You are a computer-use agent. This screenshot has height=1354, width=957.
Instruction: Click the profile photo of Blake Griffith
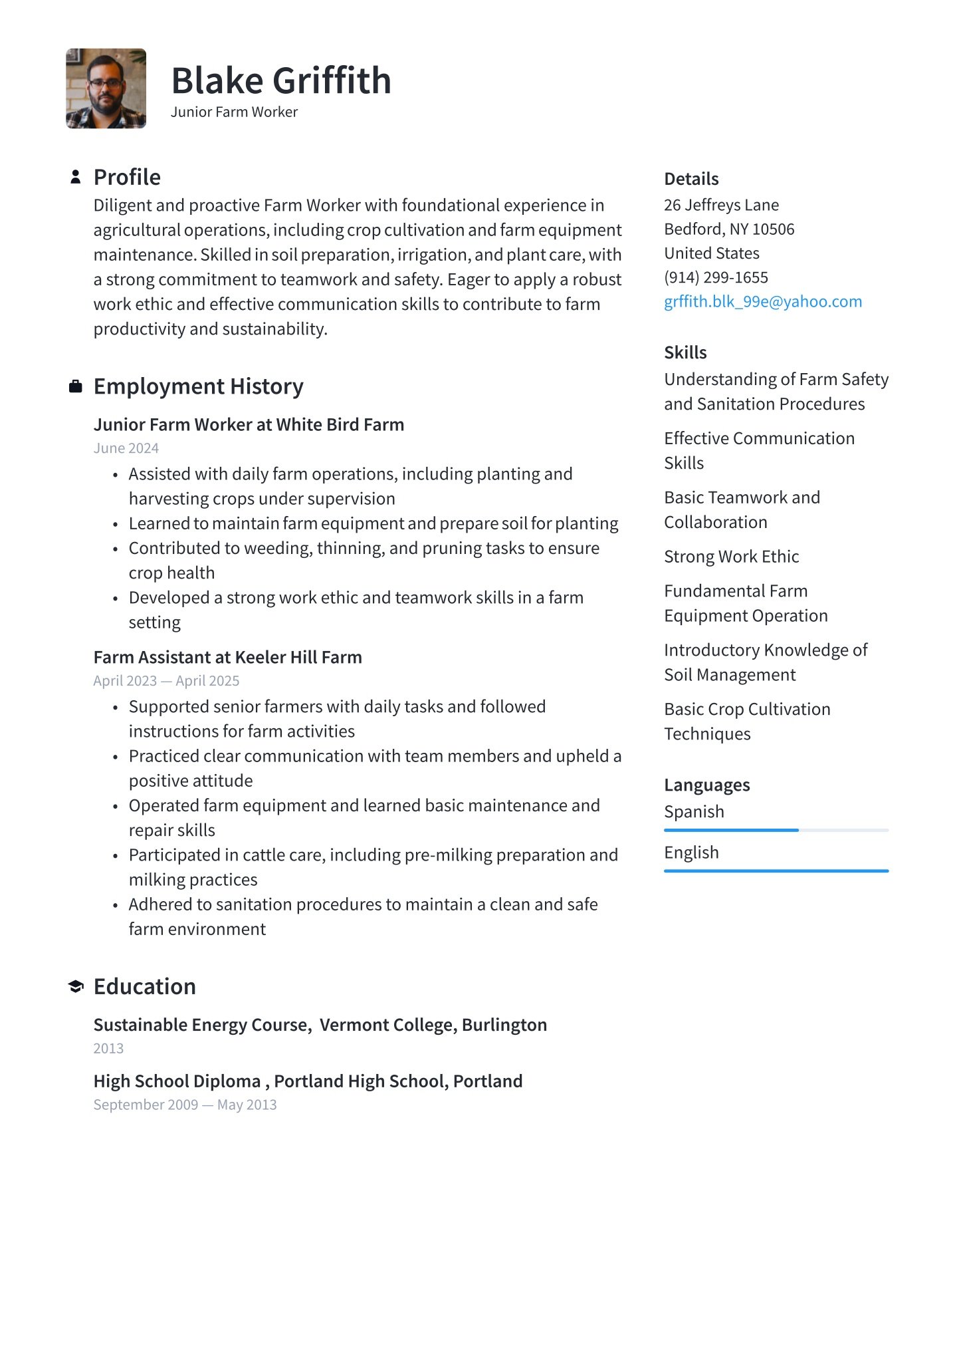click(106, 88)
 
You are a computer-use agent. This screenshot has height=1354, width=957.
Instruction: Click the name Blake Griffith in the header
click(280, 80)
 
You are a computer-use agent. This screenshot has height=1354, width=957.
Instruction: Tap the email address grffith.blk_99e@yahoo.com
click(762, 302)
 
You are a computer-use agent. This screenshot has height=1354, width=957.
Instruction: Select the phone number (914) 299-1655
click(716, 277)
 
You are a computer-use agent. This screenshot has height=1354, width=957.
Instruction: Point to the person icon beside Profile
click(76, 177)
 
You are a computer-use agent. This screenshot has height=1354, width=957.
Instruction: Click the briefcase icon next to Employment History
click(76, 386)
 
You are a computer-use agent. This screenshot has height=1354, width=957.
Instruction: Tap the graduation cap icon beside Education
click(76, 986)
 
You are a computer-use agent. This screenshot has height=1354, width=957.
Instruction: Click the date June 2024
click(126, 448)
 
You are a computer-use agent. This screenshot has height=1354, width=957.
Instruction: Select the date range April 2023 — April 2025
click(166, 681)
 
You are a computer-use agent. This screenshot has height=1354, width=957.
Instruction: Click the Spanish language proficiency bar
click(776, 830)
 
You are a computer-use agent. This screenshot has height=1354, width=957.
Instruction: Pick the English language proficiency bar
click(776, 871)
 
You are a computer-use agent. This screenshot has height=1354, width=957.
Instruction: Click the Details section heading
click(691, 179)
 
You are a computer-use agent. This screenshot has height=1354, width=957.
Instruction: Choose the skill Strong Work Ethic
click(731, 557)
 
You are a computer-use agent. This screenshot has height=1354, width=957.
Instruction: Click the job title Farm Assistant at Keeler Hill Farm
click(227, 657)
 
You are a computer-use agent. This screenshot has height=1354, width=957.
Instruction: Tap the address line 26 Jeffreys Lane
click(721, 205)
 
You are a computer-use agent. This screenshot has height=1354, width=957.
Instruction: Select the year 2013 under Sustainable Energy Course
click(108, 1048)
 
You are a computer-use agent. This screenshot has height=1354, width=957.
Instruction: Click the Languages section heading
click(706, 785)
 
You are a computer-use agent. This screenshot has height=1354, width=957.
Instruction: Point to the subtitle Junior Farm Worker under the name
click(234, 112)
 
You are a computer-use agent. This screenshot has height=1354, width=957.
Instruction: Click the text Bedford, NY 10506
click(729, 229)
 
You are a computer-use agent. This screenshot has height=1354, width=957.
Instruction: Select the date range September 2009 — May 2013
click(185, 1105)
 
